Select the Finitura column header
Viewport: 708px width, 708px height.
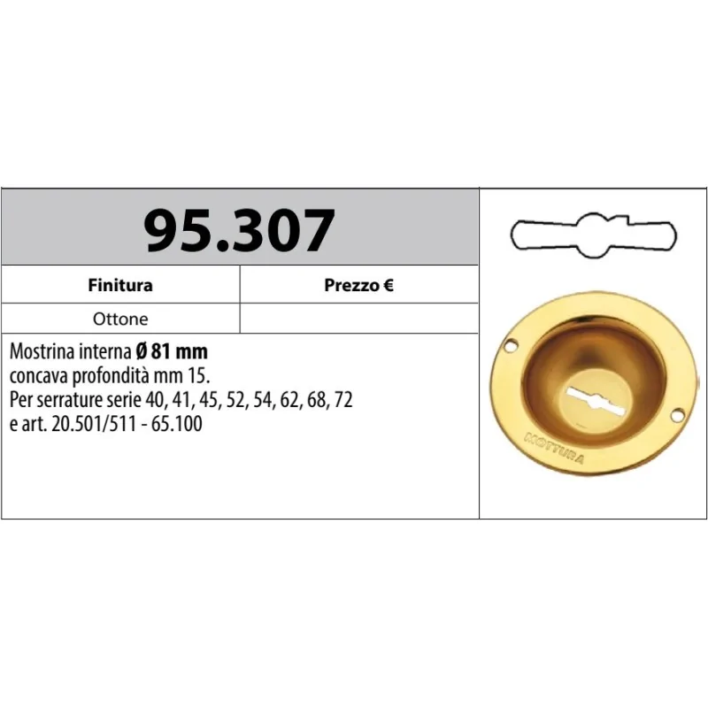pos(120,285)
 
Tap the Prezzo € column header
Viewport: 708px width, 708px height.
pos(358,285)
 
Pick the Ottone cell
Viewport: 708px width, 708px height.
pos(120,319)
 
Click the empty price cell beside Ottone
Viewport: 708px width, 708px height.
pos(358,319)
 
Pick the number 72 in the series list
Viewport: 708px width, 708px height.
pos(343,400)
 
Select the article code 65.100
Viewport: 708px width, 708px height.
pos(179,424)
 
